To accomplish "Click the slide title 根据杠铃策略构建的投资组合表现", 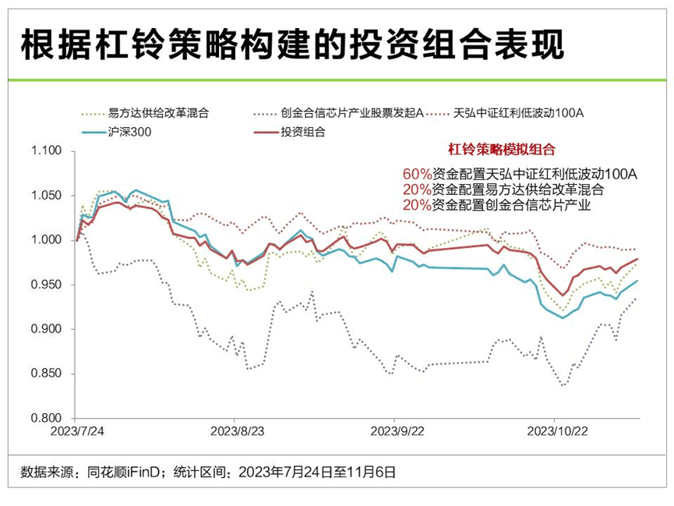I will click(291, 44).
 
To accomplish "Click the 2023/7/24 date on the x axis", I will click(76, 430).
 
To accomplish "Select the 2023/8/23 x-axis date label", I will click(237, 430).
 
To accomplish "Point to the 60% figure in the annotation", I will click(416, 173).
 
